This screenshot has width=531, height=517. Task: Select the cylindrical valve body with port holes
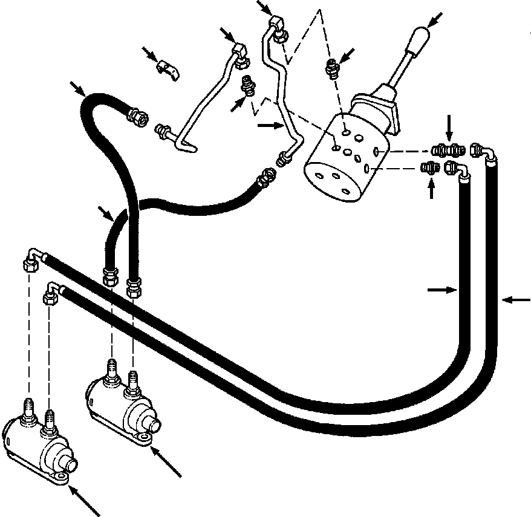coord(342,160)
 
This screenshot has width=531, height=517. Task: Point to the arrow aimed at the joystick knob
coord(434,19)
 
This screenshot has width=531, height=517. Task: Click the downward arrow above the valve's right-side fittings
coord(448,126)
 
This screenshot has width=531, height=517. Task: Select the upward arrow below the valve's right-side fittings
coord(431,189)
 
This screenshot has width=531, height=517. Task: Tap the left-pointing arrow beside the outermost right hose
coord(515,299)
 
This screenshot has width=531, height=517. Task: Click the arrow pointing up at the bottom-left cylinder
coord(85,502)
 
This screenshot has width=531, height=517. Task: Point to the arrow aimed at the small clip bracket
coord(148,53)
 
